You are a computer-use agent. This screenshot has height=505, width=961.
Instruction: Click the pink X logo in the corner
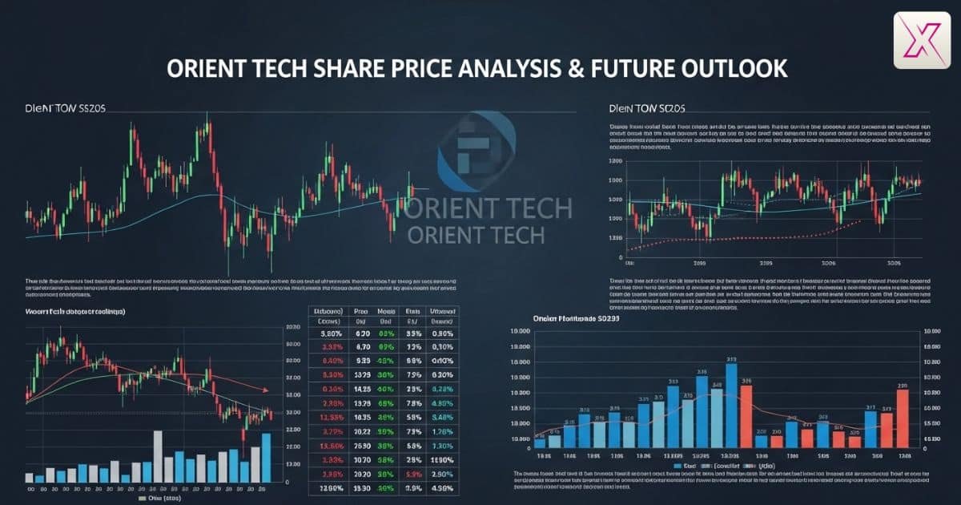point(922,40)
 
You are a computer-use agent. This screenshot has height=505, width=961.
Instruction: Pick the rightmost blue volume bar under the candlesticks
point(266,457)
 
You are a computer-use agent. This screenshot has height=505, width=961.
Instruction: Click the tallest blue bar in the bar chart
point(731,405)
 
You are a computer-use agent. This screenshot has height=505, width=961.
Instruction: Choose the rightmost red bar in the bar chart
point(903,418)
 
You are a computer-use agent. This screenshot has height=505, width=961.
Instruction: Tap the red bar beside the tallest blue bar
point(746,416)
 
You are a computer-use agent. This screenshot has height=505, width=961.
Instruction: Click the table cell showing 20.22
point(362,430)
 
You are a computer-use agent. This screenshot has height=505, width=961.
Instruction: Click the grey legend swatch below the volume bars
point(141,497)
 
